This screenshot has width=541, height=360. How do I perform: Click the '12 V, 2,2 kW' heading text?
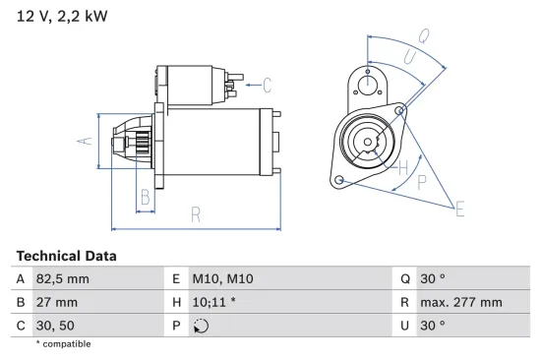click(x=62, y=17)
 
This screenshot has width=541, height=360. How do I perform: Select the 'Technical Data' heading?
click(x=66, y=256)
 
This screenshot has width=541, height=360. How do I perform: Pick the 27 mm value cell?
click(x=56, y=302)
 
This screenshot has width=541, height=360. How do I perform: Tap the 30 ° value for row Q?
click(x=433, y=278)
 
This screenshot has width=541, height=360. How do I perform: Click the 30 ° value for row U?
click(x=433, y=326)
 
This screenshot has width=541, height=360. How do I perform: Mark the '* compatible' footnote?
click(x=63, y=344)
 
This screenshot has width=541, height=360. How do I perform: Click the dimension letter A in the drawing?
click(x=85, y=142)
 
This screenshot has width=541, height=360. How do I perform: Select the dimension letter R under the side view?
click(x=196, y=213)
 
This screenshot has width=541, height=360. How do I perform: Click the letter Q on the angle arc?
click(x=423, y=36)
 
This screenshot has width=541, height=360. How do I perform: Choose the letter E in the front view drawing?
click(x=459, y=207)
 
